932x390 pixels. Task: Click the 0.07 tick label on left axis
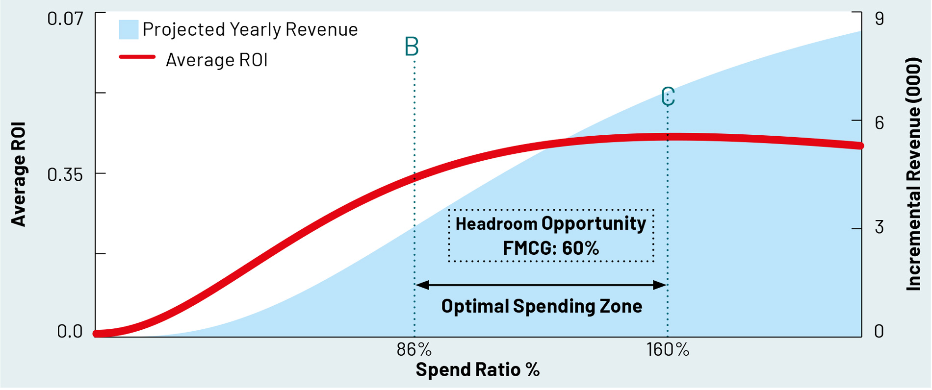pos(65,19)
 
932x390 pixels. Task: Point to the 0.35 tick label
pos(65,175)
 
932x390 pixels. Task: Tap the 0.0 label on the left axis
pos(70,332)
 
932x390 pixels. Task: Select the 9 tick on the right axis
pos(879,19)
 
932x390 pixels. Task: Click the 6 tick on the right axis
pos(879,123)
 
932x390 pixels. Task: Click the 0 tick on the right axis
pos(879,332)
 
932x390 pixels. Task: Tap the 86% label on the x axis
pos(414,350)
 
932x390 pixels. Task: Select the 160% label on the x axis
pos(668,350)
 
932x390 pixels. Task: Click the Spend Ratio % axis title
pos(477,370)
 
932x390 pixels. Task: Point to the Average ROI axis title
pos(19,174)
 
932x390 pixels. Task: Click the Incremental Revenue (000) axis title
pos(913,174)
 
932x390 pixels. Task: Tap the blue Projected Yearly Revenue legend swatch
pos(129,29)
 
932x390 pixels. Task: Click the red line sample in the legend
pos(137,57)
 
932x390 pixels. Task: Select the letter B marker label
pos(412,47)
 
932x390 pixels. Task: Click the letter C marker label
pos(668,97)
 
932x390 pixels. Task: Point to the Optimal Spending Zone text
pos(542,306)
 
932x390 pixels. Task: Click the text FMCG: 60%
pos(551,248)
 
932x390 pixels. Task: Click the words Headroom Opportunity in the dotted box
pos(551,224)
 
